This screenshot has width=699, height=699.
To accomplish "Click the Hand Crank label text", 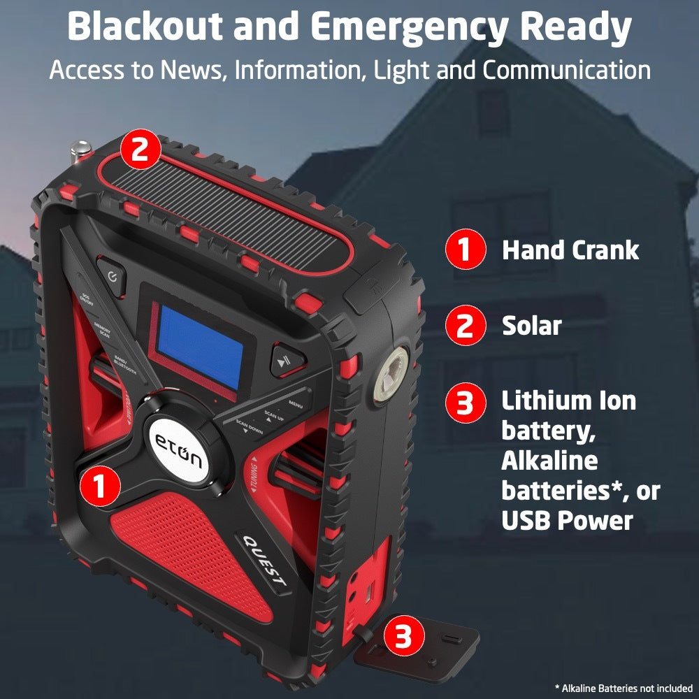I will click(x=570, y=251).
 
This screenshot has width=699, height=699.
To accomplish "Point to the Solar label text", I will click(x=531, y=326).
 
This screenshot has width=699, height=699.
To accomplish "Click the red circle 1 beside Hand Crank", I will click(x=464, y=251).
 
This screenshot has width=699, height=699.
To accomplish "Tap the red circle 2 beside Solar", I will click(x=464, y=326).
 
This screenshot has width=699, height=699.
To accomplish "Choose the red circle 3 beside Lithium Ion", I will click(x=464, y=403).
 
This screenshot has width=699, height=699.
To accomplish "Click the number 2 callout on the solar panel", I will click(x=140, y=150).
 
